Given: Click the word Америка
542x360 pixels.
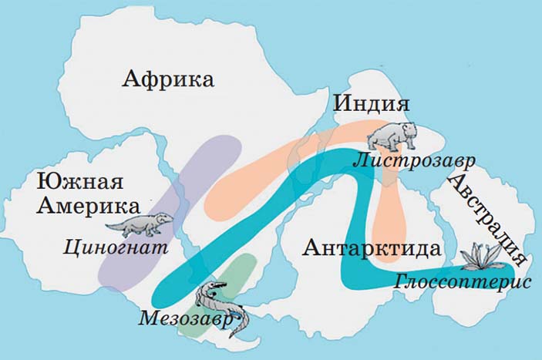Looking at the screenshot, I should (x=89, y=206).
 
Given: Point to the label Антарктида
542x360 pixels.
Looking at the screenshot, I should (x=372, y=248).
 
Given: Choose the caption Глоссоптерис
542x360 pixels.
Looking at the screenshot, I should (x=462, y=281).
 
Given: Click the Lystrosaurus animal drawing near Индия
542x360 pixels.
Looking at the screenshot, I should (x=390, y=136).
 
